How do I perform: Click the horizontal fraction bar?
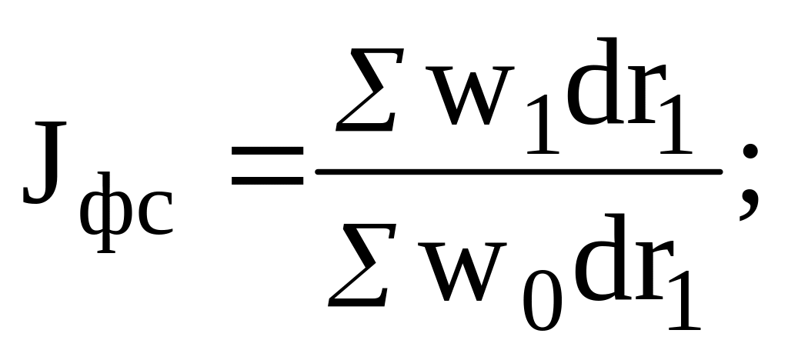coord(519,171)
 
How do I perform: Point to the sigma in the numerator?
coord(369,89)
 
